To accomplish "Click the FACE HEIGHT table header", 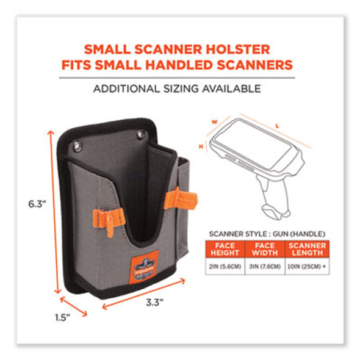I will [x=226, y=248].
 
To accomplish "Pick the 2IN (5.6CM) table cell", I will [x=226, y=264].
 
